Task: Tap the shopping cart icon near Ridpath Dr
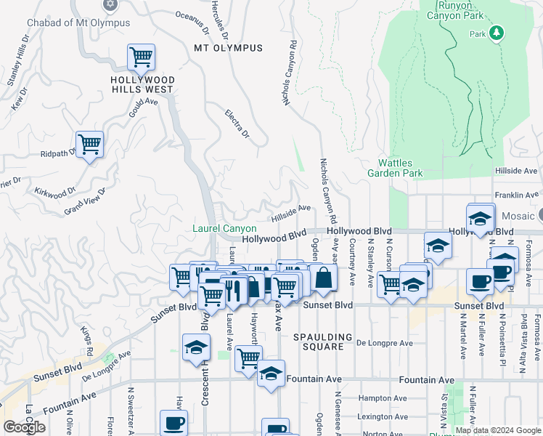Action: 89,144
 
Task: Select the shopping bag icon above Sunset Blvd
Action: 322,278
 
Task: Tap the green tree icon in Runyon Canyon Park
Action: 497,33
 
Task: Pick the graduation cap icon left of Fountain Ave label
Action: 270,374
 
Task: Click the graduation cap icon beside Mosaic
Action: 480,217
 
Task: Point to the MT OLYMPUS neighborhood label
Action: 228,48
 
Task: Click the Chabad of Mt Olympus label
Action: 78,23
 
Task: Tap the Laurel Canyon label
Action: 224,228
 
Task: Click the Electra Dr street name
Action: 237,124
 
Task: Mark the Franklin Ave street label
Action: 516,195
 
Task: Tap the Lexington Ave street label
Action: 386,416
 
